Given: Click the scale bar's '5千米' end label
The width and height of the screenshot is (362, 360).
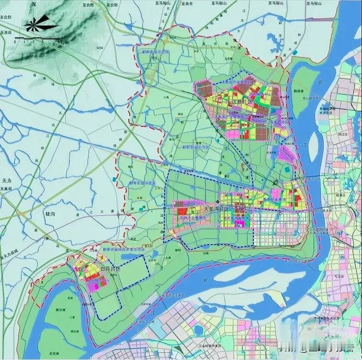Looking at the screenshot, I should coord(62,43).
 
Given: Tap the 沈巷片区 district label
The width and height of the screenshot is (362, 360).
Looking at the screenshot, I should coord(242,101).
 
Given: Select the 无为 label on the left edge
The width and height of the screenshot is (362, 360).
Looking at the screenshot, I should coord(6,181).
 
